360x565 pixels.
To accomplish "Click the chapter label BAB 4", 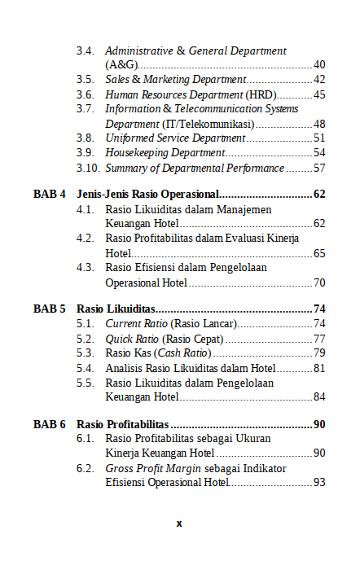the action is point(50,195).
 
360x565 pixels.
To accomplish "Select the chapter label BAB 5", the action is point(50,309).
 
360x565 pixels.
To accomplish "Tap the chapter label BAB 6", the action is point(50,424).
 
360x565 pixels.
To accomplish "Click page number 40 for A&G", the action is point(319,65).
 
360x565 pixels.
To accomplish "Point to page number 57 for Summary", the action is point(319,168).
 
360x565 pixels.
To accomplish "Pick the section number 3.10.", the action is point(88,168).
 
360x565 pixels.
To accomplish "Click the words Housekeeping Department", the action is point(165,153).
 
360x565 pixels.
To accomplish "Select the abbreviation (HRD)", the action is point(261,94).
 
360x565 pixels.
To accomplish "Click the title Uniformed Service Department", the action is point(175,138).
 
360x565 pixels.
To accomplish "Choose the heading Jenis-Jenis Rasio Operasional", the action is point(148,195).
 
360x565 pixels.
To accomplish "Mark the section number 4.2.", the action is point(86,239).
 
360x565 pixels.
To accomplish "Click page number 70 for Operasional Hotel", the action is point(319,282).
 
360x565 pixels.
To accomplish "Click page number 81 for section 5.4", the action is point(319,368).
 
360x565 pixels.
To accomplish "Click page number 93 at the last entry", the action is point(319,483).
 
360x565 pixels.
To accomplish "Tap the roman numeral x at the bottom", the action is point(179,523).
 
